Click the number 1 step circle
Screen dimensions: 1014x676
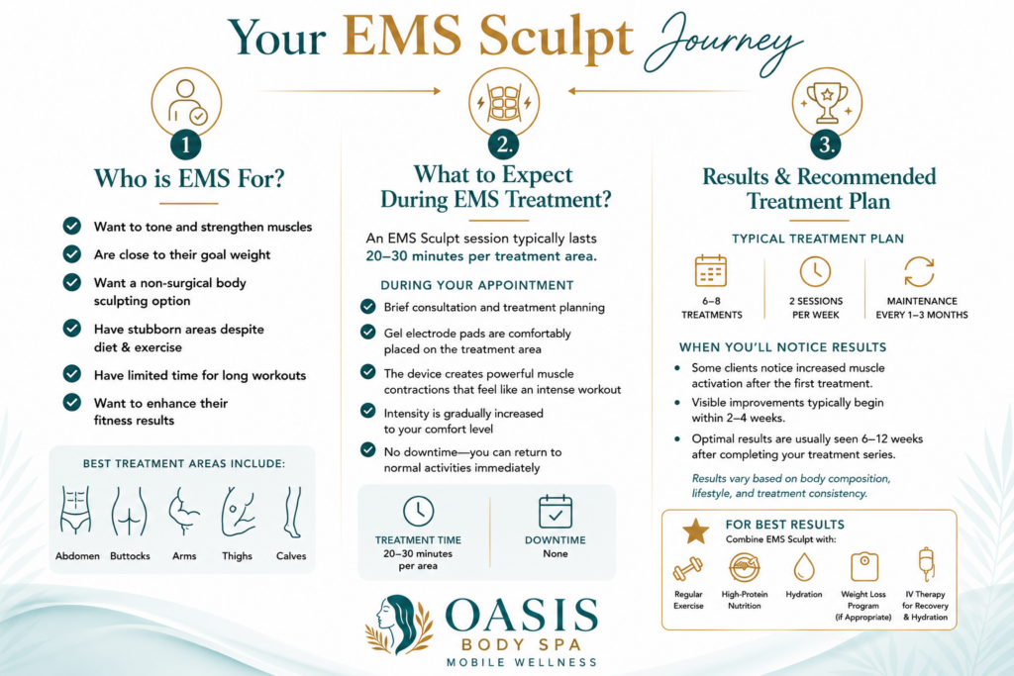pyautogui.click(x=185, y=145)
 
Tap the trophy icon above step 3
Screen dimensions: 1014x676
pyautogui.click(x=827, y=102)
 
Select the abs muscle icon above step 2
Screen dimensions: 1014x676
pyautogui.click(x=504, y=103)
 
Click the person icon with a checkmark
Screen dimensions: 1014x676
pyautogui.click(x=187, y=102)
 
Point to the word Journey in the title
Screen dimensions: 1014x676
pyautogui.click(x=723, y=43)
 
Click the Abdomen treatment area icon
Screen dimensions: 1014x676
pyautogui.click(x=75, y=511)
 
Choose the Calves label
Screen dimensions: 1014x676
pyautogui.click(x=291, y=556)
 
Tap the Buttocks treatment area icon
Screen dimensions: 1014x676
pyautogui.click(x=130, y=511)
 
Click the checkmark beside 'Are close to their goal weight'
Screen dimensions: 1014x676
pyautogui.click(x=71, y=254)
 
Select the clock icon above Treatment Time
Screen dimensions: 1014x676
pyautogui.click(x=419, y=511)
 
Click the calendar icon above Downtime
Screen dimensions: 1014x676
pyautogui.click(x=556, y=511)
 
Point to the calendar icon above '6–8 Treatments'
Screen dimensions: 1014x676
pyautogui.click(x=711, y=270)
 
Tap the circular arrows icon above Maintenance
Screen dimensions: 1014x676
pyautogui.click(x=919, y=271)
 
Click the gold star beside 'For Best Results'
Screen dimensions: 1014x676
pyautogui.click(x=696, y=531)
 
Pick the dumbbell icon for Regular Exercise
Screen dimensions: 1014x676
pyautogui.click(x=687, y=569)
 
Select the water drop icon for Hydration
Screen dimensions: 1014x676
pyautogui.click(x=804, y=567)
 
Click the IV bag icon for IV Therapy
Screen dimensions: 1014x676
pyautogui.click(x=926, y=564)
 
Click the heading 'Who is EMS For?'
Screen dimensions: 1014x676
pyautogui.click(x=189, y=178)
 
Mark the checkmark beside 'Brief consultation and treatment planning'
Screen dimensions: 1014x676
pyautogui.click(x=368, y=307)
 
